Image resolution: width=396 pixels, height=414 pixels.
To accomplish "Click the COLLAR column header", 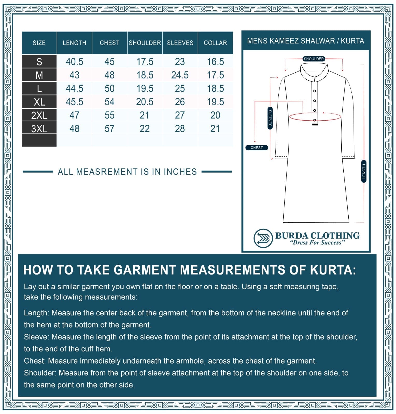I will (215, 43).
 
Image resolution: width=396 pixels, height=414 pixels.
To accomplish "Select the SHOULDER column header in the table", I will (145, 43).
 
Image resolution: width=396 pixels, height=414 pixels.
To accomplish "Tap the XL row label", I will (39, 102).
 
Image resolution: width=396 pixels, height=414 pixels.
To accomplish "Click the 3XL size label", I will (39, 129).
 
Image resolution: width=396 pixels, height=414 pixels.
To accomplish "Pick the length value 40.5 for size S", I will (74, 62).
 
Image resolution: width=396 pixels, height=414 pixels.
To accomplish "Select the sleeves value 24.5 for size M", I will (180, 75).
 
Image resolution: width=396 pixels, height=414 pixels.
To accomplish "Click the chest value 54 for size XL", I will (110, 102).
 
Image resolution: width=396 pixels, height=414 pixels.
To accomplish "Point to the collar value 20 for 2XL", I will (215, 115).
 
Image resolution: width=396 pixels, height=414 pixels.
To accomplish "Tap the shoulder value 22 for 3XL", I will (145, 129).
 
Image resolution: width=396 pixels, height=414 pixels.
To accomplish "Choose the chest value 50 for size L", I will (110, 89).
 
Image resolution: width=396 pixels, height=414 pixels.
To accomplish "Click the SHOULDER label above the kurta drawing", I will (314, 59).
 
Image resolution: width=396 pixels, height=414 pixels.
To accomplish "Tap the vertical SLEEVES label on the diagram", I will (270, 118).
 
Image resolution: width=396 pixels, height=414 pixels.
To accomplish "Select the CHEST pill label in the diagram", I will (256, 148).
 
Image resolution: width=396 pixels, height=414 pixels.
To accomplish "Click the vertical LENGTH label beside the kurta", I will (364, 171).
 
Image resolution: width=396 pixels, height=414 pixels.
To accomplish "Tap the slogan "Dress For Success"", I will (317, 243).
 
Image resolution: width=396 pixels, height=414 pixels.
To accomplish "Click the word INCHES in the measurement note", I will (180, 172).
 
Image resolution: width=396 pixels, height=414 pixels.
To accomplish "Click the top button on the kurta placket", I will (314, 91).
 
